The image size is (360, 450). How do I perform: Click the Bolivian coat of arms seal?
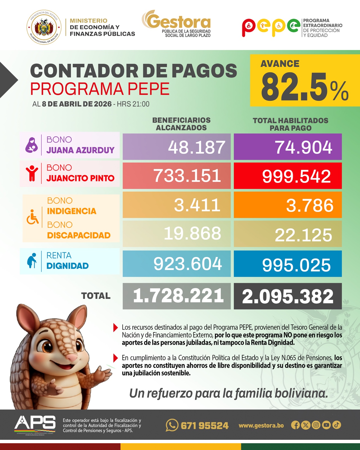(x=44, y=28)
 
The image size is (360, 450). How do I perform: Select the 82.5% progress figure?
(x=305, y=87)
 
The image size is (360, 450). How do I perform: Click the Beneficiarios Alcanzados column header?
(x=181, y=124)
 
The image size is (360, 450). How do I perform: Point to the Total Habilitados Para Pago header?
(x=291, y=124)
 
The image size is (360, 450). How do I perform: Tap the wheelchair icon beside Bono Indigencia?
(x=32, y=217)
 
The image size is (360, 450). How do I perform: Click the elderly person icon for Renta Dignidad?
(x=32, y=261)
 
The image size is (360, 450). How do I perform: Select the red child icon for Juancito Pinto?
(x=32, y=173)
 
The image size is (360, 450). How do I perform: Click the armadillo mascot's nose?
(x=73, y=358)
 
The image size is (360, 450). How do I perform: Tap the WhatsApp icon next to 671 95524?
(x=172, y=425)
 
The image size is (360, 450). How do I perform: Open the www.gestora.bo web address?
(x=261, y=425)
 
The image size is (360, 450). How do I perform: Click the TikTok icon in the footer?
(x=337, y=425)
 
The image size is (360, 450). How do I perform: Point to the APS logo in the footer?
(x=35, y=423)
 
